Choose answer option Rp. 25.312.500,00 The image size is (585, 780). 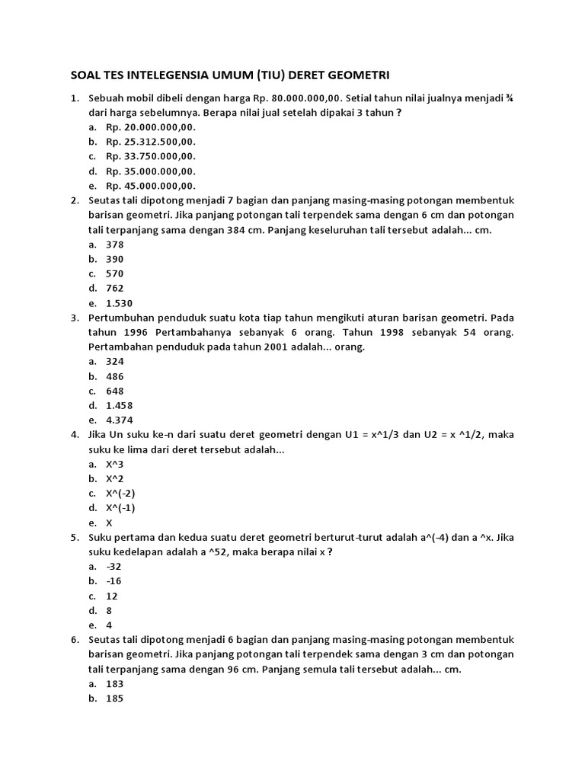(151, 142)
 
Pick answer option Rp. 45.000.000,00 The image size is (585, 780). (151, 185)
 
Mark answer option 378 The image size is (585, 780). (115, 245)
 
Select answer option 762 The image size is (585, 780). (115, 288)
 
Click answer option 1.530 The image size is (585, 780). (120, 302)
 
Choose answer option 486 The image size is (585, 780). (115, 376)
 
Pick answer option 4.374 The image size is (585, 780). (120, 420)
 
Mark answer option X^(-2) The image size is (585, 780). (120, 493)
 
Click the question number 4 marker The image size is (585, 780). (75, 434)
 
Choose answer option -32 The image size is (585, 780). (115, 567)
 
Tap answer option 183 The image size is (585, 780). (115, 684)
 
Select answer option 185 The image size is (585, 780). (115, 698)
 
